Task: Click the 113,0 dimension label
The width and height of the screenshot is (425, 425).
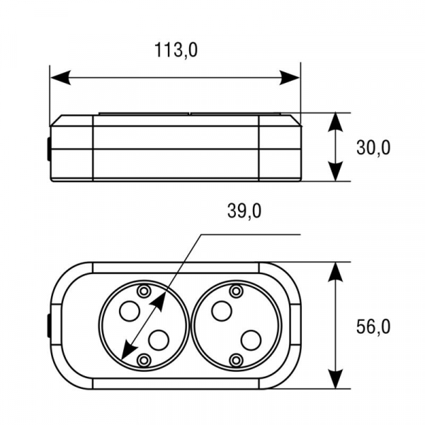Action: (x=176, y=50)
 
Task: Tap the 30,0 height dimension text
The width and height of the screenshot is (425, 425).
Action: (x=373, y=148)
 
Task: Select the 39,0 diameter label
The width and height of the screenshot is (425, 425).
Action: (x=244, y=211)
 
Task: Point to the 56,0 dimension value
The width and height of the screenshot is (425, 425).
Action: (x=373, y=327)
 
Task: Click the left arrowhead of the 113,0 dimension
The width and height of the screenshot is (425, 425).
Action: (x=61, y=78)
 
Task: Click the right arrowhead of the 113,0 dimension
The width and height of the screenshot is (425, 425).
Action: (x=290, y=78)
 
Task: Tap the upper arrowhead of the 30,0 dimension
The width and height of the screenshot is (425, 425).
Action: (x=336, y=123)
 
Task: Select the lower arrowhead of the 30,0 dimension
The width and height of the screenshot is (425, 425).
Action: (x=336, y=171)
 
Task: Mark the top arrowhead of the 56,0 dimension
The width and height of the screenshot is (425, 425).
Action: (x=336, y=272)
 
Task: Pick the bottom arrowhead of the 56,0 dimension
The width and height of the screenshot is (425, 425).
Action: (x=336, y=379)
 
